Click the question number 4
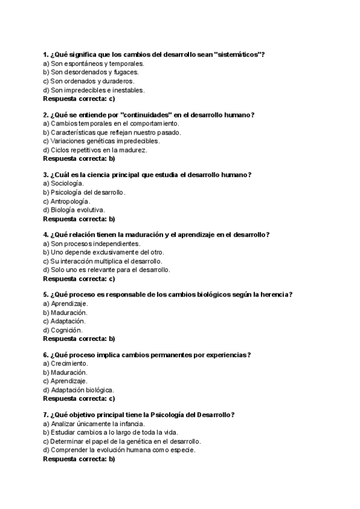[46, 234]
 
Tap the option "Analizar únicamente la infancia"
[93, 423]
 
